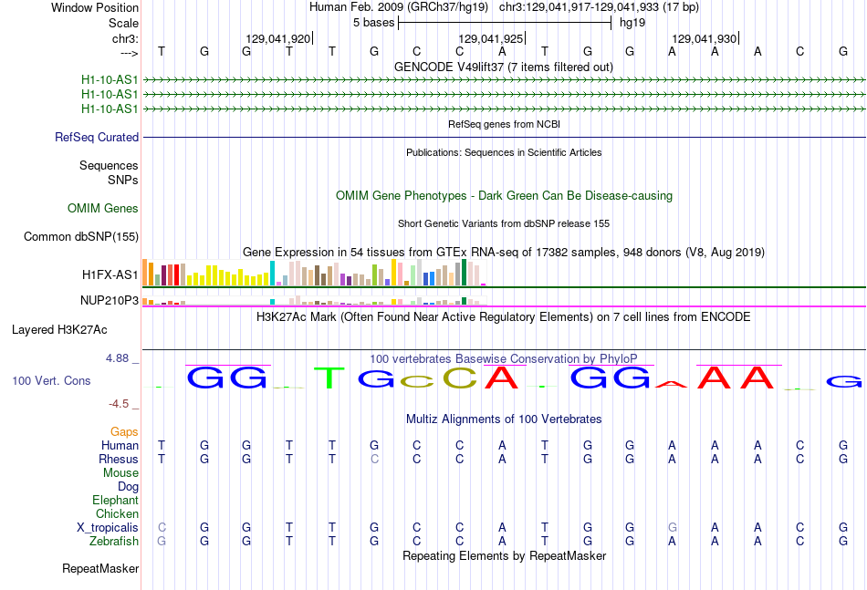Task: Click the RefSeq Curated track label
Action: (x=97, y=137)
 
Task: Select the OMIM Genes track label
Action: (x=103, y=208)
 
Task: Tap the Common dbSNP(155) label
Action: (x=81, y=236)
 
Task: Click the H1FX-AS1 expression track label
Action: (x=110, y=274)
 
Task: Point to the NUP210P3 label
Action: (x=110, y=300)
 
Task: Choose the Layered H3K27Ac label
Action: (x=59, y=330)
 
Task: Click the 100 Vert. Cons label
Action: (x=51, y=380)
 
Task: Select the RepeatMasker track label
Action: (x=100, y=568)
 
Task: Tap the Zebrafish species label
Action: (x=114, y=541)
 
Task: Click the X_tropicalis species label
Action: (x=108, y=528)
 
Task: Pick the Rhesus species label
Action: (x=119, y=459)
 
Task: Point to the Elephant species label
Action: (x=116, y=500)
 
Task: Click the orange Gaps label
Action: (x=124, y=431)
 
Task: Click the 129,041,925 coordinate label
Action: (x=490, y=38)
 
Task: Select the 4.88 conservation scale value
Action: (x=117, y=358)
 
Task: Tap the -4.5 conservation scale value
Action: (x=119, y=404)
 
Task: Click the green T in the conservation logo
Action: (x=329, y=378)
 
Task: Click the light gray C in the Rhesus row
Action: (x=374, y=459)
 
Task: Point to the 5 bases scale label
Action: (x=374, y=23)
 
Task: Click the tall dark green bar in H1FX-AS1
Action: (x=465, y=272)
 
